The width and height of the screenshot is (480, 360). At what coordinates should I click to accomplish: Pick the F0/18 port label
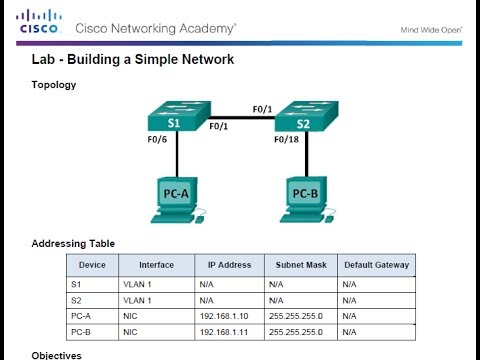pos(287,140)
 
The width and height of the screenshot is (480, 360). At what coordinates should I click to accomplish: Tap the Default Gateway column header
pos(376,265)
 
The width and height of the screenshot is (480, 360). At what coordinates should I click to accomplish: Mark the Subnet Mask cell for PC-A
pos(294,315)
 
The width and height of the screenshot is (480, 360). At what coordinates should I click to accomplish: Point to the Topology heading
pos(54,85)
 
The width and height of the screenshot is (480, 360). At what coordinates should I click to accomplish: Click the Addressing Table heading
pos(73,243)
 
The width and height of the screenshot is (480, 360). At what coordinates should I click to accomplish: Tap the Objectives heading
pos(57,354)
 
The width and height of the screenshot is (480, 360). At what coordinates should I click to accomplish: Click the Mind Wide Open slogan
pos(430,29)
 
